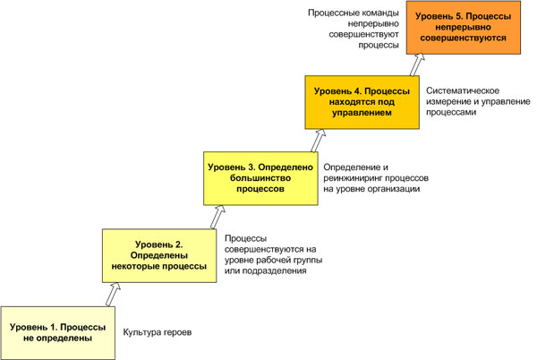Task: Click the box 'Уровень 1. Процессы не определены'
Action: (58, 333)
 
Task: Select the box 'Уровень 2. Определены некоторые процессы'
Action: (158, 254)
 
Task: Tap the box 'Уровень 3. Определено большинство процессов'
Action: (260, 178)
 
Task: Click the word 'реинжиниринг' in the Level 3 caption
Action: (353, 179)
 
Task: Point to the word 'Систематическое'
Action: (462, 91)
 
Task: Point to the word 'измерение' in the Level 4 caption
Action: (450, 103)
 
